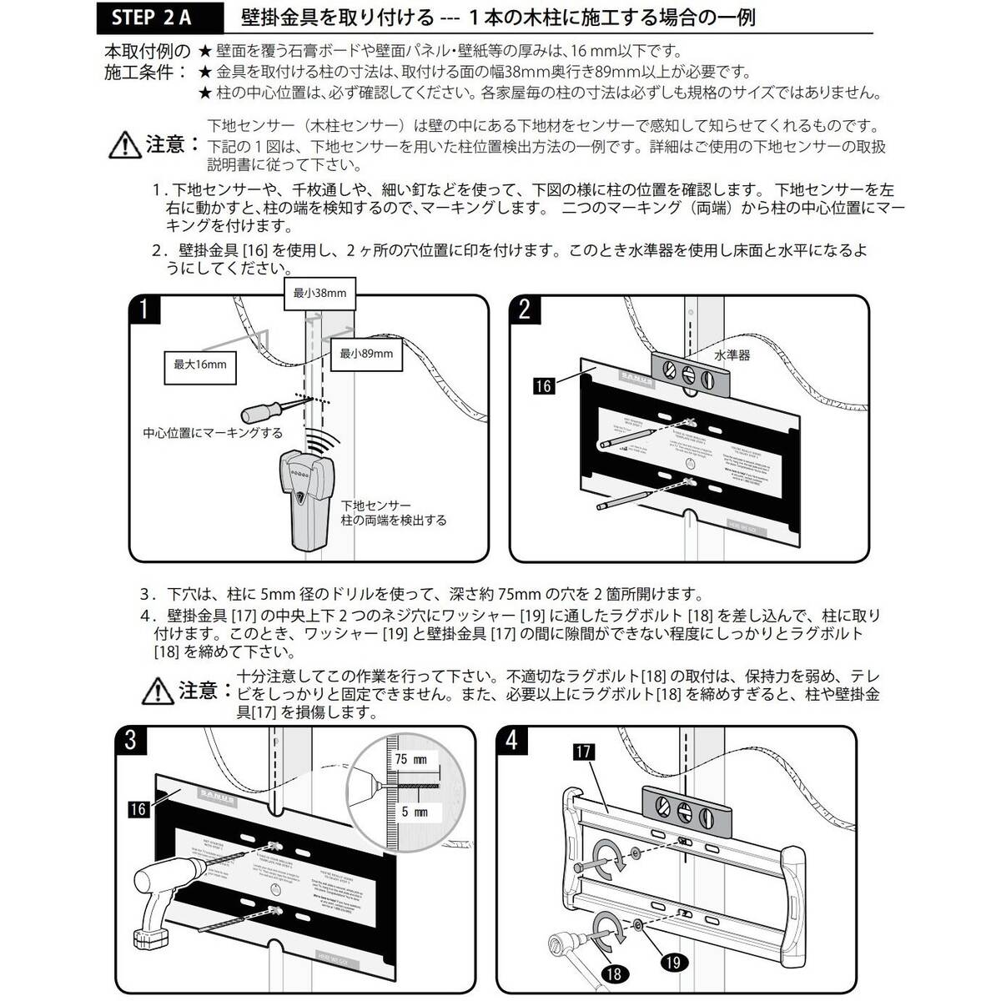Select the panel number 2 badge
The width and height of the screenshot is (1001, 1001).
click(525, 309)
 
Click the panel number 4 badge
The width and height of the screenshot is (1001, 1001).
click(511, 740)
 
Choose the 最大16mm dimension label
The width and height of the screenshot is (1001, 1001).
click(199, 365)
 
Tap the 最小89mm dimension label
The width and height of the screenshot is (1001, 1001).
click(365, 354)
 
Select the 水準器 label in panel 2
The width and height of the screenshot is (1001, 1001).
click(732, 355)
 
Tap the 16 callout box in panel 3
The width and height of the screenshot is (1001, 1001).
click(138, 807)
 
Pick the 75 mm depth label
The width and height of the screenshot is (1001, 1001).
click(411, 759)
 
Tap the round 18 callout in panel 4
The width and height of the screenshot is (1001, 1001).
click(613, 973)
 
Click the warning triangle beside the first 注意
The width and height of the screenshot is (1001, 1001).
click(126, 146)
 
